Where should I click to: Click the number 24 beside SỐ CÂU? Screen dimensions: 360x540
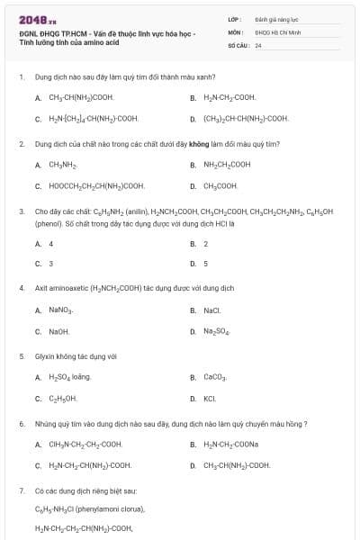(258, 44)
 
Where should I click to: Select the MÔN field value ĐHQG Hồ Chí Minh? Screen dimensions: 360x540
(275, 31)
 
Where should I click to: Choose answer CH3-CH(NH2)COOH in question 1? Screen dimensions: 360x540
(81, 97)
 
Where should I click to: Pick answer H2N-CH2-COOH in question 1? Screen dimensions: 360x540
(229, 97)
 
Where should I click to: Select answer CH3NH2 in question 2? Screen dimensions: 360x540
(62, 165)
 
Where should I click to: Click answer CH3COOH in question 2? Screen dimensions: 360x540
(220, 186)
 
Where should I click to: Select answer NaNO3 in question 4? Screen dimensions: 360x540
(61, 310)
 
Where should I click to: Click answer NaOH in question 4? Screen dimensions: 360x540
(58, 331)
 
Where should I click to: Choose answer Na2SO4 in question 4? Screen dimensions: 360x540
(217, 331)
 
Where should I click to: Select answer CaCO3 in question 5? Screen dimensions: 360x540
(215, 377)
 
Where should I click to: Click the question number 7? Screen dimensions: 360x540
(21, 491)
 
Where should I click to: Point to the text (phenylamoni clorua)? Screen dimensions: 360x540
(94, 509)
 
